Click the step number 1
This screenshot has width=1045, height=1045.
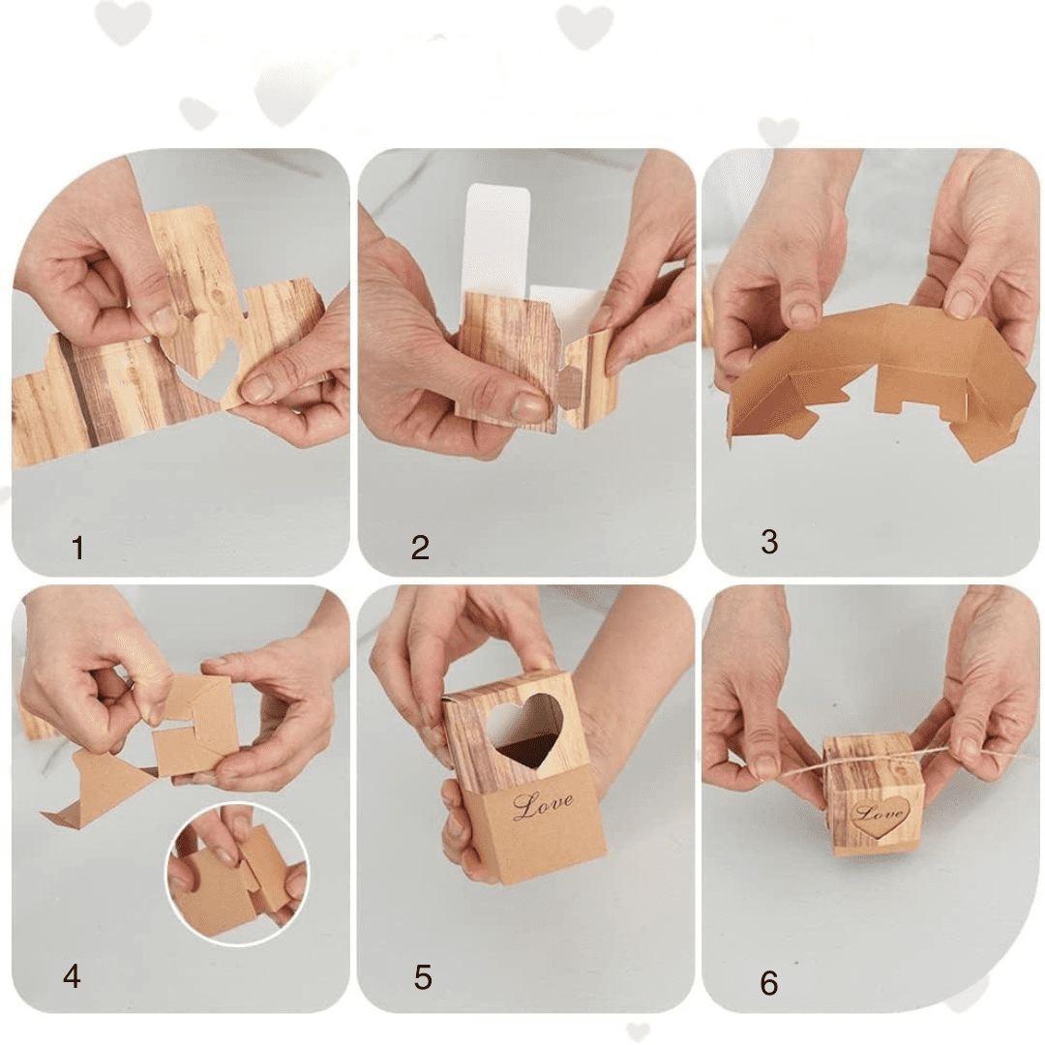pyautogui.click(x=78, y=548)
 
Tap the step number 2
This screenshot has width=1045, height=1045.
pyautogui.click(x=420, y=548)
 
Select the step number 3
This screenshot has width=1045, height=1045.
pyautogui.click(x=769, y=542)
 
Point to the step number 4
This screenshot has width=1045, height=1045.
pyautogui.click(x=72, y=976)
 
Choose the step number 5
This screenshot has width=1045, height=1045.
pyautogui.click(x=423, y=977)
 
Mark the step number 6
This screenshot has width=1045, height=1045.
pyautogui.click(x=769, y=983)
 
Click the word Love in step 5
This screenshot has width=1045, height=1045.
pyautogui.click(x=543, y=805)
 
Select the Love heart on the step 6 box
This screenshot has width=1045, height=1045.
pyautogui.click(x=880, y=817)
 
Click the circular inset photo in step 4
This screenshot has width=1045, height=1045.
pyautogui.click(x=237, y=874)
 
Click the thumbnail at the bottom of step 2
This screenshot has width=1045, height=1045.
pyautogui.click(x=529, y=405)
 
